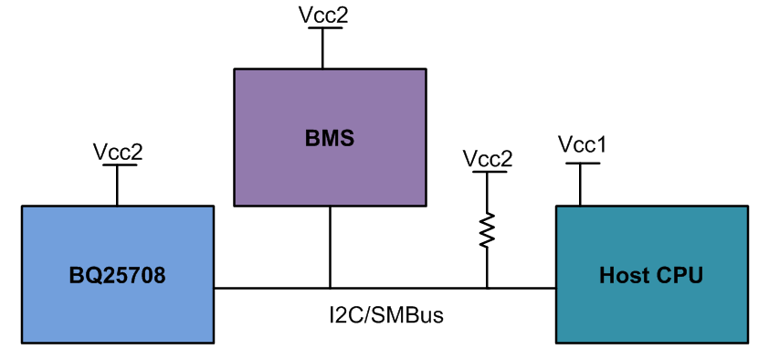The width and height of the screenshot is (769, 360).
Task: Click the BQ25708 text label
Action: click(x=117, y=275)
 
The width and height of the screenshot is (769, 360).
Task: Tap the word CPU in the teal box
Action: click(x=680, y=275)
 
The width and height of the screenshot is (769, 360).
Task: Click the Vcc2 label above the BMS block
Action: click(x=323, y=15)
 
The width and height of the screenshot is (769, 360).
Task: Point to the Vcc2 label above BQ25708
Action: click(x=118, y=152)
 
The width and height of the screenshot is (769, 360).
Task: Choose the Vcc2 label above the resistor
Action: click(x=487, y=158)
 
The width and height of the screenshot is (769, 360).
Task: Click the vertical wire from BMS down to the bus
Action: click(x=330, y=247)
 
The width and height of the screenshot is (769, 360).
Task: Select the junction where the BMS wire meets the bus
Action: click(x=330, y=288)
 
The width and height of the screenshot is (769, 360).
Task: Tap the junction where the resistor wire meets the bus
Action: click(x=487, y=288)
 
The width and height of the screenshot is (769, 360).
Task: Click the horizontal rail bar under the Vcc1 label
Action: click(x=582, y=164)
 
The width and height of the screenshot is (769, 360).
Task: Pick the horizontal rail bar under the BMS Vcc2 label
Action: click(x=323, y=28)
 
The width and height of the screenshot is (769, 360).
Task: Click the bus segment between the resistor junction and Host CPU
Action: click(x=521, y=288)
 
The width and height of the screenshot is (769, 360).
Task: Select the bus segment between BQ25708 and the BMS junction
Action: click(x=271, y=288)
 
